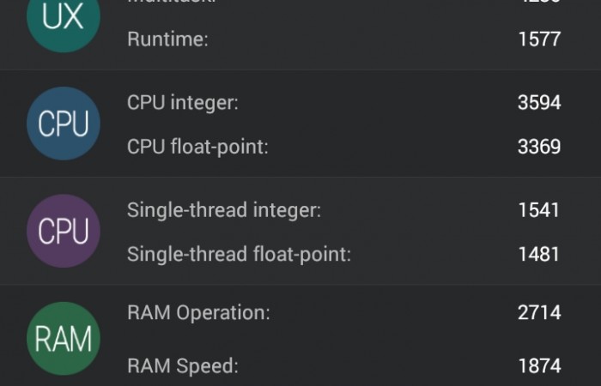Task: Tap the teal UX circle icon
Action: [x=64, y=19]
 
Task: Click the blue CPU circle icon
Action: [x=64, y=124]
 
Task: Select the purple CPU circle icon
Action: [x=64, y=232]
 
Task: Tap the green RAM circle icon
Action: [x=64, y=339]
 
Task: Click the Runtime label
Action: [x=167, y=39]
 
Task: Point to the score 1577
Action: [x=539, y=39]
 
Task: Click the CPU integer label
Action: [x=183, y=103]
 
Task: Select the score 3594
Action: [x=539, y=103]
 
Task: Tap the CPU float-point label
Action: [x=197, y=147]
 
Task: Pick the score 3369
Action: [x=539, y=147]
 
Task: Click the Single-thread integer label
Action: [x=224, y=210]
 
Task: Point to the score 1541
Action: [x=539, y=210]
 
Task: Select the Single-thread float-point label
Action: [x=239, y=254]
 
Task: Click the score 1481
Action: [x=539, y=254]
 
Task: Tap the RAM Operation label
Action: [x=198, y=313]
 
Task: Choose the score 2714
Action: [x=539, y=313]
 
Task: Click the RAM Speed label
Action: [x=182, y=366]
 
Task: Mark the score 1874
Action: [x=539, y=366]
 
